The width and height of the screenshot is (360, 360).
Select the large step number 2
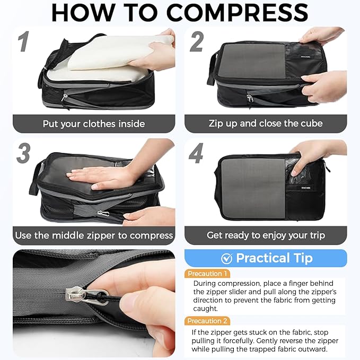click(x=196, y=42)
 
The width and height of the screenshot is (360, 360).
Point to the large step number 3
click(x=23, y=153)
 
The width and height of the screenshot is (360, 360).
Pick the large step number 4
click(x=196, y=153)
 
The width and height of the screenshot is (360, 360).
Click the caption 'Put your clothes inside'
click(x=94, y=124)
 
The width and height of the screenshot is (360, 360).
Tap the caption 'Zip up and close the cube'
click(x=266, y=124)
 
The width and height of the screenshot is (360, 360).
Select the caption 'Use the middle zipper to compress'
click(x=94, y=235)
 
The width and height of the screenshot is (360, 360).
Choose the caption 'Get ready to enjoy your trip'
click(x=266, y=235)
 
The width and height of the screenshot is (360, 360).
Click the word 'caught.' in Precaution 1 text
click(x=206, y=309)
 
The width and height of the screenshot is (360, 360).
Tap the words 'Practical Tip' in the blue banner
click(x=274, y=258)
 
